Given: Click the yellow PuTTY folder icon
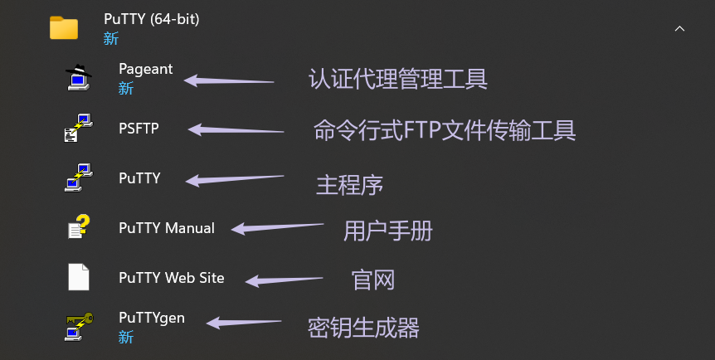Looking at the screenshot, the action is pos(64,27).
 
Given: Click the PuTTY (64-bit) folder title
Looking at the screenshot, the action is pos(152,18).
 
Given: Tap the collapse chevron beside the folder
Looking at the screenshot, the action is pos(679,28).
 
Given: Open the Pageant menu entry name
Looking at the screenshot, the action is pos(145,69).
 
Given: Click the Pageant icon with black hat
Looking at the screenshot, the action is pos(79,77).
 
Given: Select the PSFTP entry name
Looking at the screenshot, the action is pos(139,129).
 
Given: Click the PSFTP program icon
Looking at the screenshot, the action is pos(79,128).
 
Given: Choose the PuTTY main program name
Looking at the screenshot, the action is pos(139,178).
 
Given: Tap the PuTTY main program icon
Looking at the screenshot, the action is pos(79,178).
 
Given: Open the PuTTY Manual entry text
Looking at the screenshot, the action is pos(166,228).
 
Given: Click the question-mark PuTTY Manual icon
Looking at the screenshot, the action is pos(79,227).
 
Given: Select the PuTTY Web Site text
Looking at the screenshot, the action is pos(171,278).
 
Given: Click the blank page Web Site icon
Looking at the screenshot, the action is pos(79,277).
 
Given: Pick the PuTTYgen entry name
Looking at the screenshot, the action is pos(152,318).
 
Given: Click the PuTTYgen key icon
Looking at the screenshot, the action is pos(79,325).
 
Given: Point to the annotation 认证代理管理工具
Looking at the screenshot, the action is pos(397,79).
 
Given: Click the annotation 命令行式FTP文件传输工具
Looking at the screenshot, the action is pos(445,130).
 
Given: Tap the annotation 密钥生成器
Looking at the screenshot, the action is pos(363,328).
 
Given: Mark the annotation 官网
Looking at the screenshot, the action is pos(372,280).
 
